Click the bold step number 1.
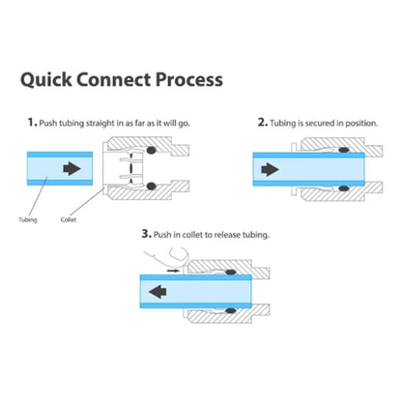[x=32, y=123]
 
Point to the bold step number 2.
[x=262, y=123]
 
